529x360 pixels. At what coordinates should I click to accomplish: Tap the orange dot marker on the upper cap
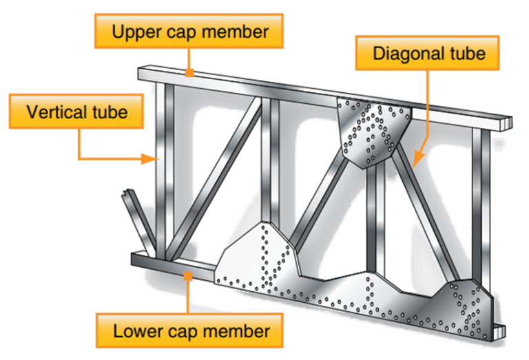[x=187, y=71]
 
